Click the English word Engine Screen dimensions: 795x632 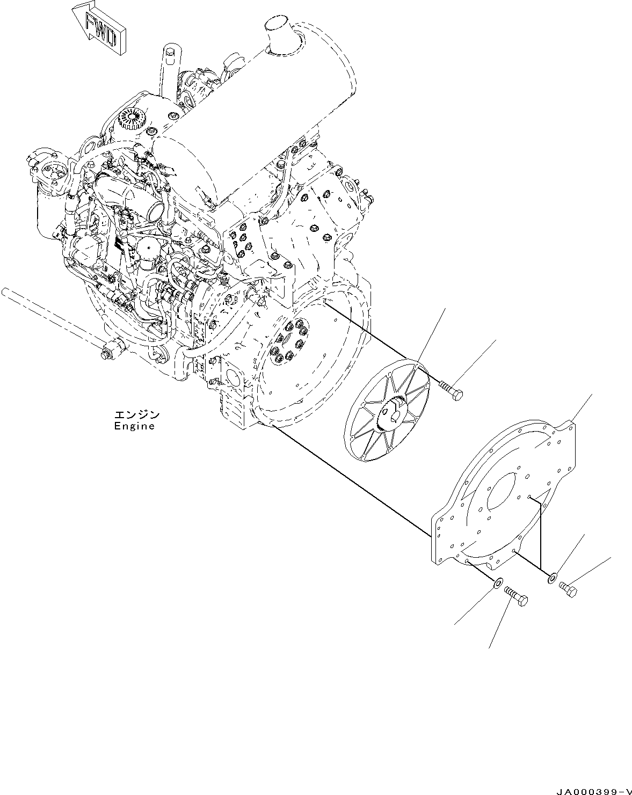[134, 426]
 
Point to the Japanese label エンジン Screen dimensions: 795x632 [136, 415]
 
